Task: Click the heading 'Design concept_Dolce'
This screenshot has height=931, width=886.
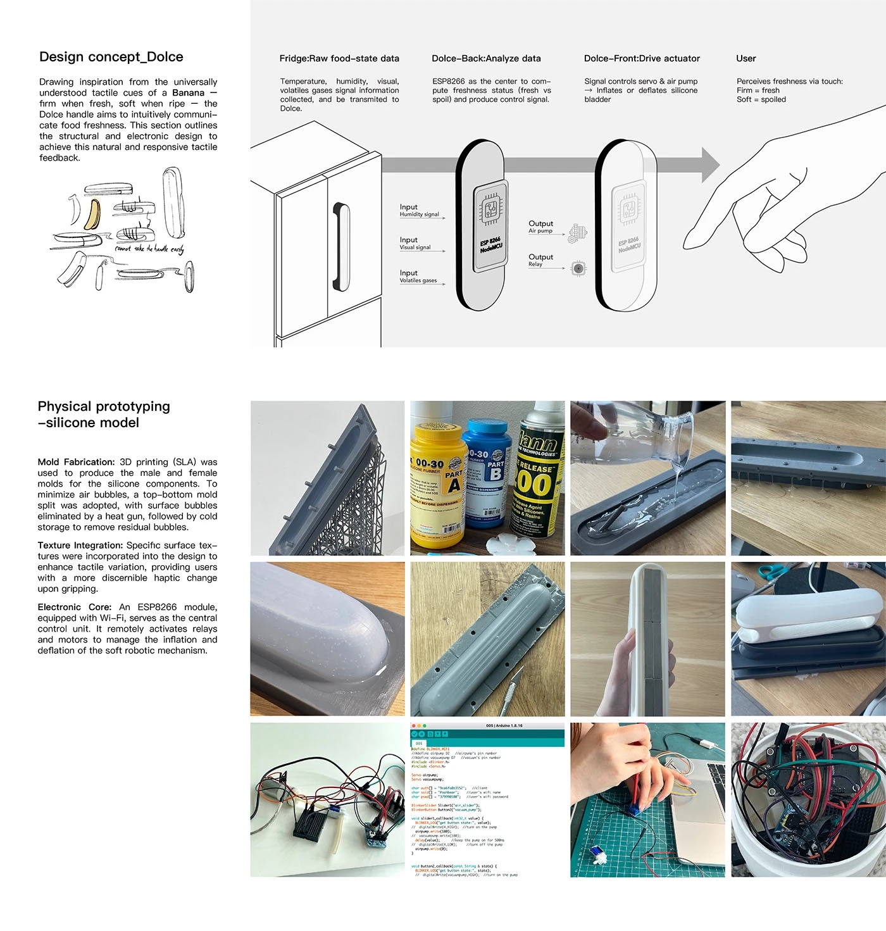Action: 111,57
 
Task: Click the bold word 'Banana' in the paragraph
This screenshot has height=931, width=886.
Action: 188,93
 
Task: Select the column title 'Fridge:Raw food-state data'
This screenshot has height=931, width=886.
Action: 339,58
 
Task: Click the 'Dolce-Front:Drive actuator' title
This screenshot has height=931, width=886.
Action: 642,58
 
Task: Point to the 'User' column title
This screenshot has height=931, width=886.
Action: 746,58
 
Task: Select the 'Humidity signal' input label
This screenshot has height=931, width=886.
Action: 419,215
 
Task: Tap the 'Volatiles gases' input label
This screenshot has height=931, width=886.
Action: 418,280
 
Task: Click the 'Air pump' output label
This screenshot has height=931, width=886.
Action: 540,231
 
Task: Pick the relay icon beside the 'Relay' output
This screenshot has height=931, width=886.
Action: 578,268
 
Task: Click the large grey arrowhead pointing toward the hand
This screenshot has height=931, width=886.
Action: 710,165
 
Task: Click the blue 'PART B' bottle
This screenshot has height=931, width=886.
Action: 487,475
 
